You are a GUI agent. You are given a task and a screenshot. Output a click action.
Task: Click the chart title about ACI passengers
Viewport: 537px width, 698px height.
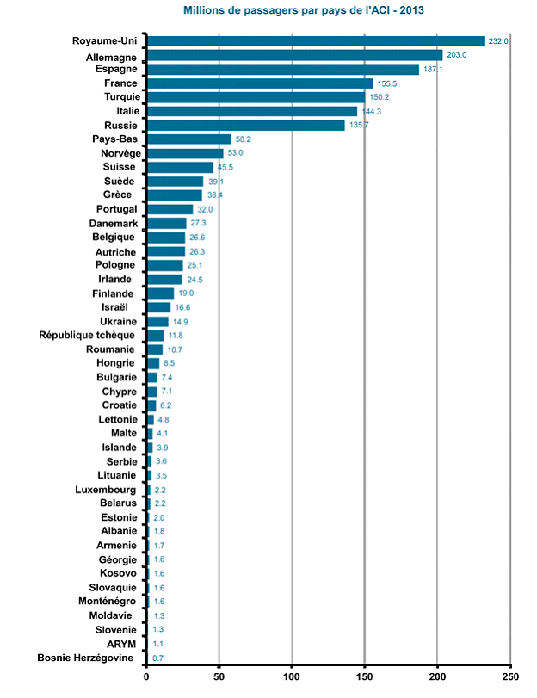[x=303, y=10]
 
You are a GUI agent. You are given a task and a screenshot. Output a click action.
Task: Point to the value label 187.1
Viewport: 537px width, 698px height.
[x=433, y=69]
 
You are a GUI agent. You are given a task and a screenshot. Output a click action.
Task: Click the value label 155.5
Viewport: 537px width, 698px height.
[x=387, y=83]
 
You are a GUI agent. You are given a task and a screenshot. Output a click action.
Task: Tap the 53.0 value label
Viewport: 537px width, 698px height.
[x=236, y=153]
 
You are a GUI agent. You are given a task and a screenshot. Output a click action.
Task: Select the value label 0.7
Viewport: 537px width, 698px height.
[x=158, y=658]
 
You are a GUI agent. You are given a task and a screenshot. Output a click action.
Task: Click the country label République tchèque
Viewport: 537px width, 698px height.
[x=88, y=335]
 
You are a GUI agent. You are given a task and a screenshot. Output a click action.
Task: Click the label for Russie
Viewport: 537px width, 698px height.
[x=120, y=125]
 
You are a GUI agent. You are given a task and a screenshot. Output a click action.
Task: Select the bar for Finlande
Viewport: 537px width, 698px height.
[x=160, y=293]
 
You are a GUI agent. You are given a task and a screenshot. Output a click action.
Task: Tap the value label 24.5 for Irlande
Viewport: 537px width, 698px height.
[x=195, y=280]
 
